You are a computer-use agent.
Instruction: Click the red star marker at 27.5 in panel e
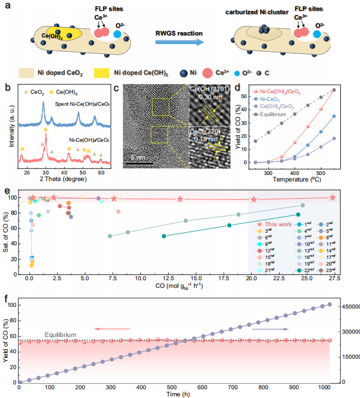[x=333, y=197]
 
